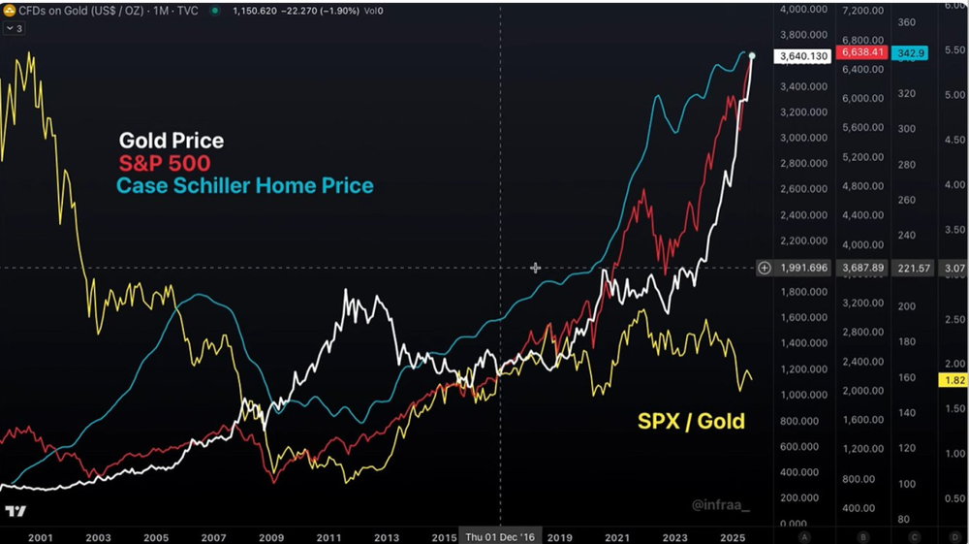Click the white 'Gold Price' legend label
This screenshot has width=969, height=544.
point(171,142)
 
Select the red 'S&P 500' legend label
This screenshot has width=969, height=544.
point(164,163)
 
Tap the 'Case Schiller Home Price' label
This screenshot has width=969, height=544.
point(244,184)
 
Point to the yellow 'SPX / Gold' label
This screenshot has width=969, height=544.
point(691,420)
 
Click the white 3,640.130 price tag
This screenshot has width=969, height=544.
point(801,56)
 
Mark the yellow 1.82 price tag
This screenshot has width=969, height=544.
point(953,381)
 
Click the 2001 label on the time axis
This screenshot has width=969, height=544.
point(41,536)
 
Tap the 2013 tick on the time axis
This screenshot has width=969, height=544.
point(387,536)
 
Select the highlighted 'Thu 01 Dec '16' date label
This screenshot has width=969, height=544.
point(500,536)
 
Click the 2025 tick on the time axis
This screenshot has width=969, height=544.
point(732,536)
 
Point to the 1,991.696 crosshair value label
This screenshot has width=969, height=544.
point(804,268)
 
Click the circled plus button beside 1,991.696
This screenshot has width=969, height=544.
point(765,268)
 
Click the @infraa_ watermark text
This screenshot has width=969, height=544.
point(720,504)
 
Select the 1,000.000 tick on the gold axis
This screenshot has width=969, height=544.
point(804,396)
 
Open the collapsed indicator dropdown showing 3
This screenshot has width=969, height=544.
point(15,28)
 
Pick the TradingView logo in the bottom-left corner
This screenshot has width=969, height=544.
point(16,511)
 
